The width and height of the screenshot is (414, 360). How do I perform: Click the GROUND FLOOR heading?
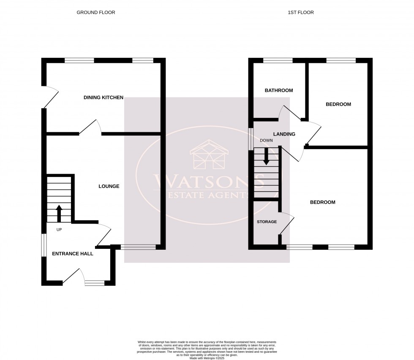(95, 13)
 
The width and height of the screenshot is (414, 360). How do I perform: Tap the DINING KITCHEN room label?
(103, 98)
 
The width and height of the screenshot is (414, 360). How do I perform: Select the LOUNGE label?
(109, 186)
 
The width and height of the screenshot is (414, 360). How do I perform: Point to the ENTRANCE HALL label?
(73, 254)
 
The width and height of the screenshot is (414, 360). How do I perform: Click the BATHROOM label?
(279, 90)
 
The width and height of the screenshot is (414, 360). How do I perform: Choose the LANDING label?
(285, 134)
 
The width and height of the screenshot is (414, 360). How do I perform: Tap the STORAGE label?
(267, 222)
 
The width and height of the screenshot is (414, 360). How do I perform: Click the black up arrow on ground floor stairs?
(59, 213)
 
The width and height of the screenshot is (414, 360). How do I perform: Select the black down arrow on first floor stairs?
(266, 156)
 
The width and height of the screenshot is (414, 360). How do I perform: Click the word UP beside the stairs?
(59, 230)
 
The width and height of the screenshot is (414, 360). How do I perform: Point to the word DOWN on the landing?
(267, 140)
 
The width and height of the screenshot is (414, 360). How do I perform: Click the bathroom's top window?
(278, 60)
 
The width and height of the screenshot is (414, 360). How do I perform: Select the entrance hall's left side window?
(43, 245)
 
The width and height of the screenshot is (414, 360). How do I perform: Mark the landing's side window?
(251, 137)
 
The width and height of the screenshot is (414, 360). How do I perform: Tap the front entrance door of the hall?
(71, 276)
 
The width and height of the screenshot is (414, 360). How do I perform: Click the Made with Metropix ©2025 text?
(207, 358)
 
